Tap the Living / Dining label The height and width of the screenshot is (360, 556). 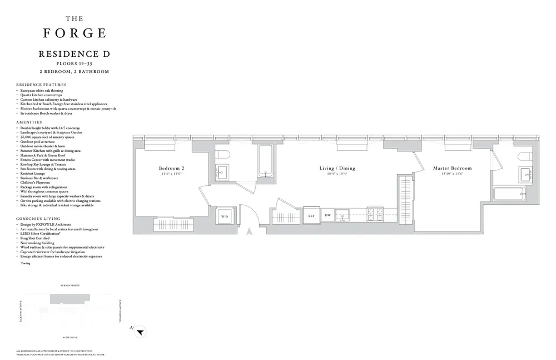[337, 168]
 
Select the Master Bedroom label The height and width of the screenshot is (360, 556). [452, 168]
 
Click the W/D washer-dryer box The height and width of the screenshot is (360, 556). [225, 216]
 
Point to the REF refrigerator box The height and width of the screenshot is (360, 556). [312, 215]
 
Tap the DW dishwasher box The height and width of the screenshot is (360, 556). [327, 215]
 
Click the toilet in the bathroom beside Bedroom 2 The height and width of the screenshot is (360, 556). [222, 154]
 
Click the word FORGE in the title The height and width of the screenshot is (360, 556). [75, 32]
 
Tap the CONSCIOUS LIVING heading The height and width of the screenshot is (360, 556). [38, 219]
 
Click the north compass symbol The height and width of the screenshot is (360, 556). [141, 332]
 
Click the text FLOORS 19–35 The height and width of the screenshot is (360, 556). [74, 64]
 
